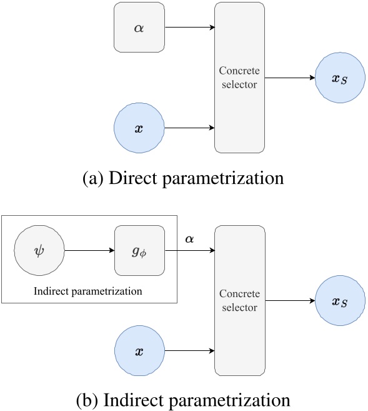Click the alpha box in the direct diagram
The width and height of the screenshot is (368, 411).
139,28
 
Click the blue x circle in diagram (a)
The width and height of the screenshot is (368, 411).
139,129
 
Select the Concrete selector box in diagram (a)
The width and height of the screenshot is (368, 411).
240,78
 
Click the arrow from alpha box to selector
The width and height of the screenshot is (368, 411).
189,28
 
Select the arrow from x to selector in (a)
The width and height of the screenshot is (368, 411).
189,129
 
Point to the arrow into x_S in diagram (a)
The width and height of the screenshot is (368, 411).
291,78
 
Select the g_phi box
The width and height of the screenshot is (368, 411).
139,251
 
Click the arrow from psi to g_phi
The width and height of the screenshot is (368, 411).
89,251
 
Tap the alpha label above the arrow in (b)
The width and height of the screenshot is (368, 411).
189,240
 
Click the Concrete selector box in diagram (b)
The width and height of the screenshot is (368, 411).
240,301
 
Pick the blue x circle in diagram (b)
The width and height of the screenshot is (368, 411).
139,352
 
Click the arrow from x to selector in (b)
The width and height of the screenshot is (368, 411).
189,352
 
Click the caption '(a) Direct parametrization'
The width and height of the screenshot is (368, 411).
183,178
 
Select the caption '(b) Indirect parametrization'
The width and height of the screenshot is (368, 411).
183,398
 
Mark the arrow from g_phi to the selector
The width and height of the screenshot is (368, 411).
189,251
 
